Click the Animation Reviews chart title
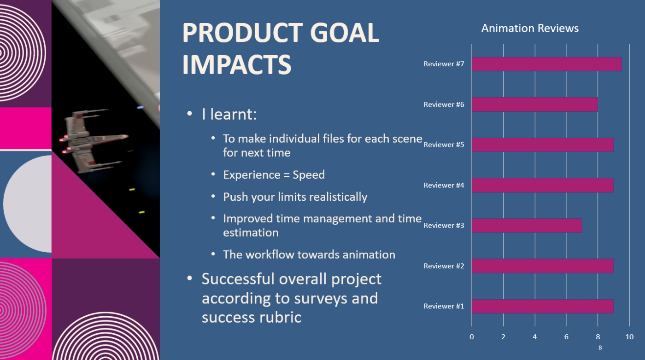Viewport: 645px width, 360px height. tap(530, 28)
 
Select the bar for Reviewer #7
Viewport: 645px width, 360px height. tap(547, 64)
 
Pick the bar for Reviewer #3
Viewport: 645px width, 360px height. tap(527, 225)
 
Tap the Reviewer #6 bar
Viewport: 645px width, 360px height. tap(535, 105)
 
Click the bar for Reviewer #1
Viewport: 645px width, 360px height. tap(543, 306)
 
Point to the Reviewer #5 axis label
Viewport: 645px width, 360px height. tap(444, 145)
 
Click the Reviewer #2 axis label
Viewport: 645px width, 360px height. tap(444, 266)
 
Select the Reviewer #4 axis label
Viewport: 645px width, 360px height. tap(444, 185)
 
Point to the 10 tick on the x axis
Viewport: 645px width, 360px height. tap(629, 337)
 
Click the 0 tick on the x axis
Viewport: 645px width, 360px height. tap(472, 337)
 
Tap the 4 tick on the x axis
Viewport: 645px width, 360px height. tap(535, 337)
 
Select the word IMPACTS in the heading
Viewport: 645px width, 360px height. tap(237, 64)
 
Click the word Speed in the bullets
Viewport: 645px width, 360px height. tap(309, 175)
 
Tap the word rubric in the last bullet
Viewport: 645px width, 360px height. tap(280, 317)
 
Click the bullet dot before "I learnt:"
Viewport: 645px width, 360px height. tap(189, 114)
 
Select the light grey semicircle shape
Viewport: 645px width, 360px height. tap(28, 204)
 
